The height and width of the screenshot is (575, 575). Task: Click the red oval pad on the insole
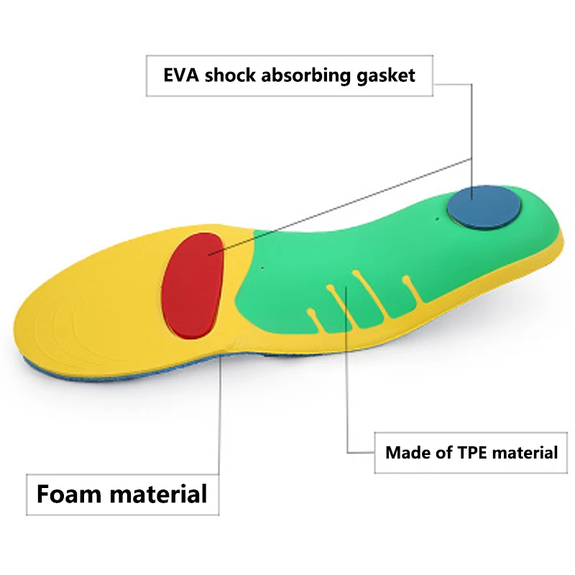193,285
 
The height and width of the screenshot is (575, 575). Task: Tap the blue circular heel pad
483,208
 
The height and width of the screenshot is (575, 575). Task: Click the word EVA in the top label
181,75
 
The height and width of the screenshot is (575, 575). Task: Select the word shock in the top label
230,75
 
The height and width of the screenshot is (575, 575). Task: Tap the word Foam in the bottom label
69,494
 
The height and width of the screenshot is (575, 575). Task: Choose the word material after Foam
158,494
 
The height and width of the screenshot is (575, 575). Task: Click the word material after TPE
525,453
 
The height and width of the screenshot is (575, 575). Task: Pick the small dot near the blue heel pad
437,219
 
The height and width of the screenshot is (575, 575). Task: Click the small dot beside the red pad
262,267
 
